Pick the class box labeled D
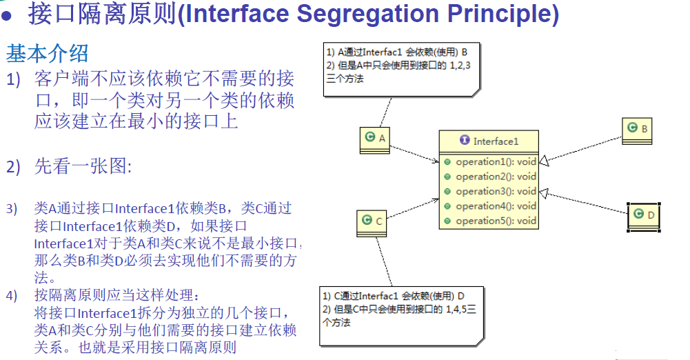[644, 216]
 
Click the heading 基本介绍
[48, 52]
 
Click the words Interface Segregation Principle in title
[368, 14]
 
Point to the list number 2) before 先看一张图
[14, 167]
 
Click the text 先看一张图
[83, 167]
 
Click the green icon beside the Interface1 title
[465, 141]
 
